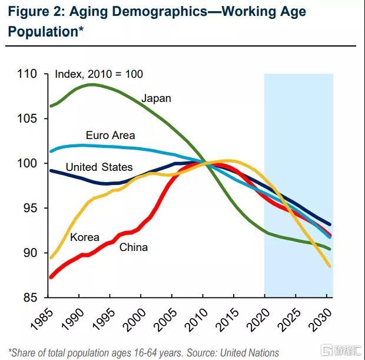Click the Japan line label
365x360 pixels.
[x=156, y=98]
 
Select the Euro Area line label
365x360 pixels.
[x=110, y=136]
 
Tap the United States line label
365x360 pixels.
[x=99, y=167]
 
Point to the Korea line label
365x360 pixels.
[x=84, y=237]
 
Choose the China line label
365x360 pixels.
[x=133, y=247]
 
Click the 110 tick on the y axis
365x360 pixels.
[x=28, y=74]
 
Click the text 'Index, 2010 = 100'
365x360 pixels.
[x=99, y=74]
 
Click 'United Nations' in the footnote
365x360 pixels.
[x=248, y=353]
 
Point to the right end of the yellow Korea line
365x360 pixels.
[x=330, y=267]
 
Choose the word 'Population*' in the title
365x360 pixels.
[x=43, y=31]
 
